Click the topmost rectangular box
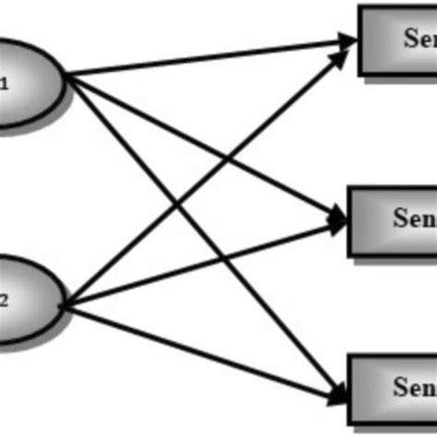(x=397, y=40)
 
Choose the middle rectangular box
(x=392, y=220)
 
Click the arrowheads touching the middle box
(x=337, y=219)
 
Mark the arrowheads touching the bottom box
(x=337, y=394)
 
